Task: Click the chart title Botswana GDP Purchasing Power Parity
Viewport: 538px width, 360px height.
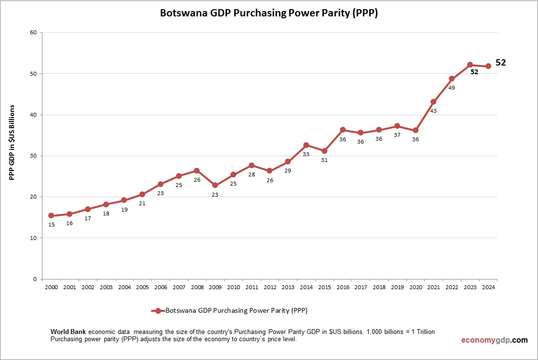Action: [269, 13]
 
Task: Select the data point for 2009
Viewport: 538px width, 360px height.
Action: [215, 185]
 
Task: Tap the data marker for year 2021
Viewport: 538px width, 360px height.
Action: [433, 102]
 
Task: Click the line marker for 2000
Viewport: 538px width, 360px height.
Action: [51, 216]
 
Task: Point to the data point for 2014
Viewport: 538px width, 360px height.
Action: [306, 145]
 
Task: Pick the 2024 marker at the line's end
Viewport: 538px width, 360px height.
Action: [488, 66]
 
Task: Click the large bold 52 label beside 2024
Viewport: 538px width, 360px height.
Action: [500, 63]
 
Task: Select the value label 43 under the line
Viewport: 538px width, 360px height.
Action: [433, 111]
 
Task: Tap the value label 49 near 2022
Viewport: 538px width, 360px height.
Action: [452, 88]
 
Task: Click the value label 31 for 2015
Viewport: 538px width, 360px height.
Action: [324, 160]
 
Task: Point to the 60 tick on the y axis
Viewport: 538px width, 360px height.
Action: [33, 33]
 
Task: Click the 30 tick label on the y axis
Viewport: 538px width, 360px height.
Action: [33, 156]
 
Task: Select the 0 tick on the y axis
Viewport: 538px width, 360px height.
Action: [35, 279]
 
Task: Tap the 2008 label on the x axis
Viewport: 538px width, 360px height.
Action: [197, 287]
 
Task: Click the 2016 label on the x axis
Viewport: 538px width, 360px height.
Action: [343, 287]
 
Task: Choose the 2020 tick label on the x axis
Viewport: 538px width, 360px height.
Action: [416, 287]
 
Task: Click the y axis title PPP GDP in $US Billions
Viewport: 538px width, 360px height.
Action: [13, 142]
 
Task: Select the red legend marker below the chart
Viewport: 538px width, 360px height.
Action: [158, 311]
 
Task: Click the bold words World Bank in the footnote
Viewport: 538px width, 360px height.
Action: [68, 332]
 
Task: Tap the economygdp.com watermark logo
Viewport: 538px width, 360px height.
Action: [494, 340]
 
